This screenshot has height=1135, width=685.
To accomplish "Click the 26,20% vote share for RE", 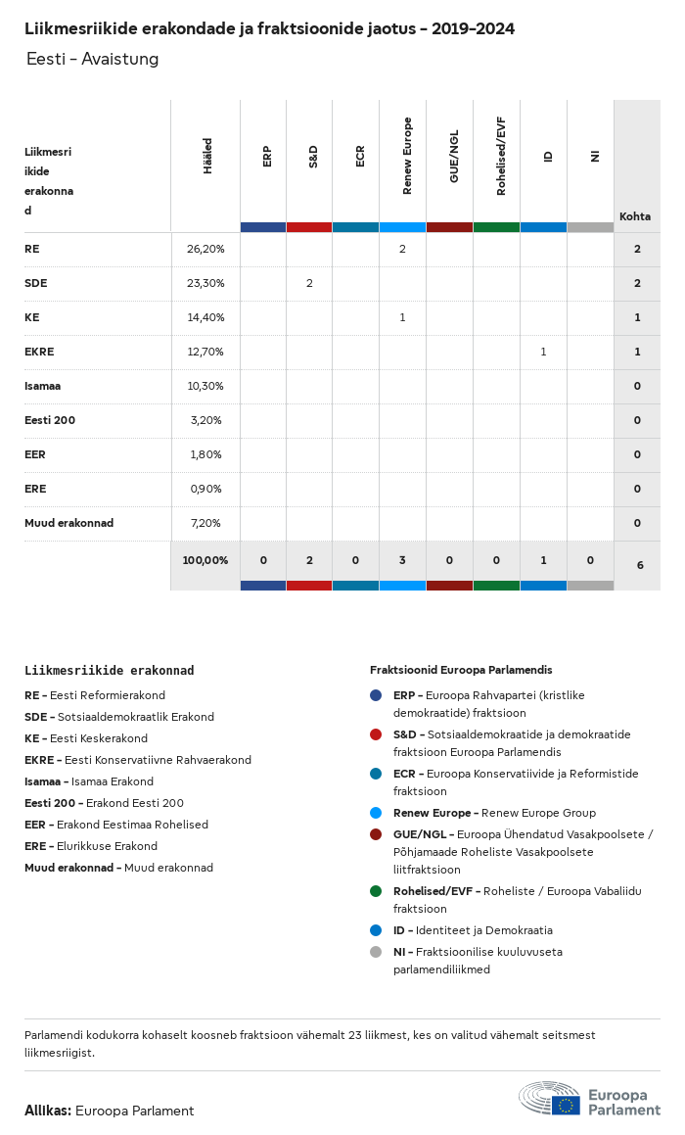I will coord(205,249).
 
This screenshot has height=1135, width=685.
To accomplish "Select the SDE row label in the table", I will coord(36,283).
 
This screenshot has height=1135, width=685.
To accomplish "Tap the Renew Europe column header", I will coord(407,157).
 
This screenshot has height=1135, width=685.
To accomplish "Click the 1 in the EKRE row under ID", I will coord(543,352).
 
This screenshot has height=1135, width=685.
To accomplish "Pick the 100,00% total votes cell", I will coord(205,560).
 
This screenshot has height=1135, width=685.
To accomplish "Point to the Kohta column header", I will coord(635,216).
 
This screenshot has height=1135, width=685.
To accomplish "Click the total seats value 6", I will coord(640,565).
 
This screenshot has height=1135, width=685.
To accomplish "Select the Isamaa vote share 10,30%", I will coord(205,386).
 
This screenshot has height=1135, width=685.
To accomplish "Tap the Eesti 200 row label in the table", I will coord(50,420).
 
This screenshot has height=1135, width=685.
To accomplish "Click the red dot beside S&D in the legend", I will coord(376,734).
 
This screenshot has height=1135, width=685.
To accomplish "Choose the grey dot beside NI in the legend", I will coord(376,952).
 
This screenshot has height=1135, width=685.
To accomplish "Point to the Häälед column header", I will coord(207,157).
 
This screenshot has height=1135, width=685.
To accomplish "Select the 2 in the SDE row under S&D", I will coord(309,283).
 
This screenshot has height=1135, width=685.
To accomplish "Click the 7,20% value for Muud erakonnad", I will coord(205,523).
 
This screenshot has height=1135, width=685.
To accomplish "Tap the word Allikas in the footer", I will coord(47,1111).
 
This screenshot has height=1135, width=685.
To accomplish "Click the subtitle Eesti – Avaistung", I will coord(92,60).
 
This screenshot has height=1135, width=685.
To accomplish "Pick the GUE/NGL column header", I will coord(454,157).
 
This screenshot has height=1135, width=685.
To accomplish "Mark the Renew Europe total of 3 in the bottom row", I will coord(402,560).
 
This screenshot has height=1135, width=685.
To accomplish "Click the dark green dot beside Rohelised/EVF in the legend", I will coord(376,891).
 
